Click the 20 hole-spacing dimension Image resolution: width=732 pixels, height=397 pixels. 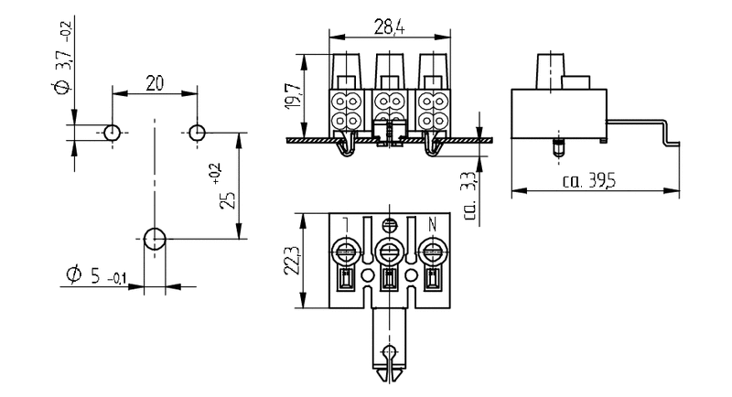(155, 83)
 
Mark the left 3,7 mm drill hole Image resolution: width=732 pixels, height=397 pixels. (112, 133)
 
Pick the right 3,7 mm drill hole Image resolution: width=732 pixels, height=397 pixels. (197, 133)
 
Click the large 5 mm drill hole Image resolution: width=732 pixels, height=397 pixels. (155, 241)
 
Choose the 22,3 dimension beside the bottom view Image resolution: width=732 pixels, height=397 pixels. (291, 263)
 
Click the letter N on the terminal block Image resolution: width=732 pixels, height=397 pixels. (435, 223)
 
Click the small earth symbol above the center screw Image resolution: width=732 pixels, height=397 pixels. (389, 223)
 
